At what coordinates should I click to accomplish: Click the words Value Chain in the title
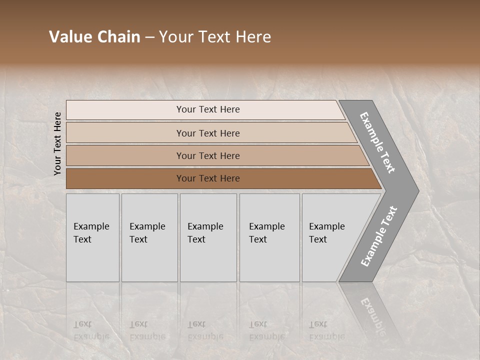pyautogui.click(x=94, y=37)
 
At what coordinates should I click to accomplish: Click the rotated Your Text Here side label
pyautogui.click(x=57, y=143)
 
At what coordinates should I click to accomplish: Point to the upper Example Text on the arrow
pyautogui.click(x=377, y=142)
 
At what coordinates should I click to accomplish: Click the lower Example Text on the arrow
pyautogui.click(x=378, y=236)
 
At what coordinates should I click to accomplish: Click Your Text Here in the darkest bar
pyautogui.click(x=208, y=178)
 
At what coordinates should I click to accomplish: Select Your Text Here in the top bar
pyautogui.click(x=208, y=109)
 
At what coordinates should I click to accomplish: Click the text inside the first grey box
pyautogui.click(x=91, y=232)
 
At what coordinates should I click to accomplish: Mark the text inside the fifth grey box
pyautogui.click(x=326, y=232)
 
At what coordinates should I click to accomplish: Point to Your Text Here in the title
pyautogui.click(x=215, y=37)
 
